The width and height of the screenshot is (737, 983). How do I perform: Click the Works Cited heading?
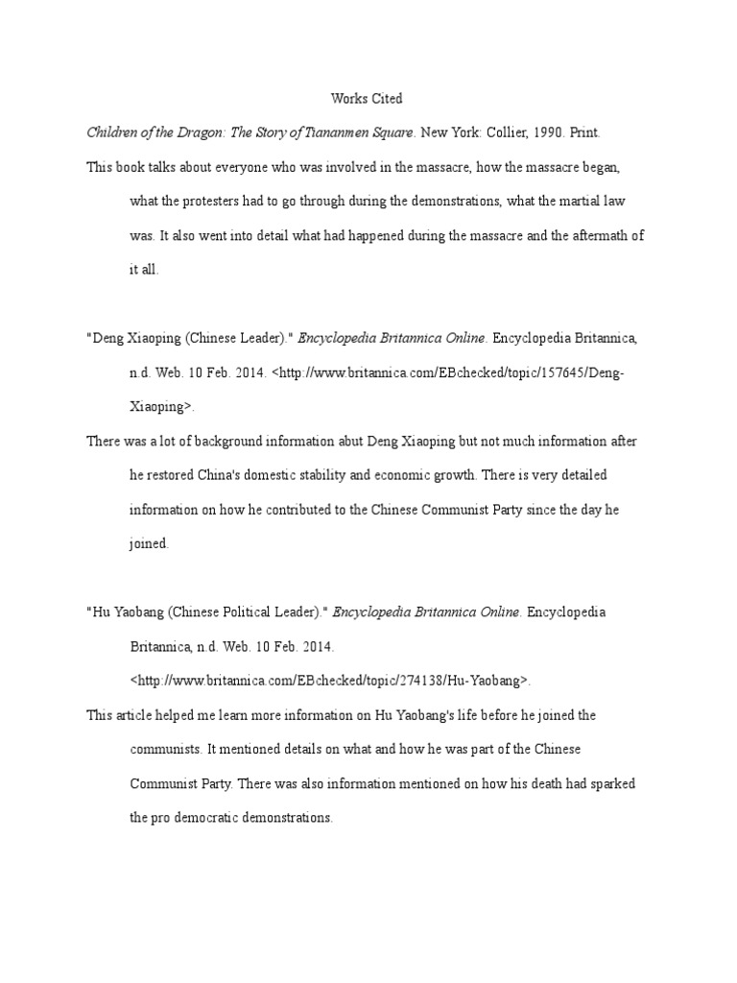click(367, 98)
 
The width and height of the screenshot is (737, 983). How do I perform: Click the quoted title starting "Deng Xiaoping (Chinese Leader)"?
click(189, 338)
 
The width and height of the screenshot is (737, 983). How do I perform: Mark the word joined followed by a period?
click(149, 543)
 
